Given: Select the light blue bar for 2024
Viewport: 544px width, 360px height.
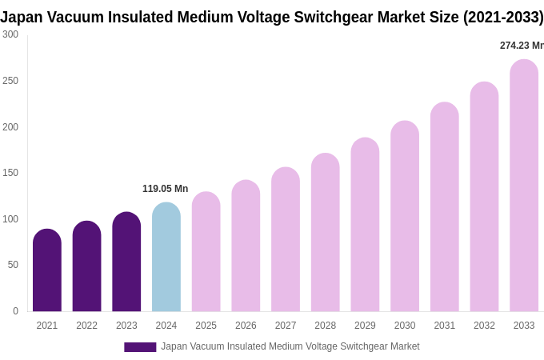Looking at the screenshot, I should [166, 257].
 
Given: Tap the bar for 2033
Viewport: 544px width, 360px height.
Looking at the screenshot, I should [524, 186].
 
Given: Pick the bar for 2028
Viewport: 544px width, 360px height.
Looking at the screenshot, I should [326, 232].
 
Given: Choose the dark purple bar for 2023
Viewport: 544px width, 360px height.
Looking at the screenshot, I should [126, 262].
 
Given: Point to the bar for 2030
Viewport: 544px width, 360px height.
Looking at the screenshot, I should [405, 216].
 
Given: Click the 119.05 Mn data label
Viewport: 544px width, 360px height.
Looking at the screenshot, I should [165, 189].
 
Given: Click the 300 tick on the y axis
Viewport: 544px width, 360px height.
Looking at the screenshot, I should [10, 34].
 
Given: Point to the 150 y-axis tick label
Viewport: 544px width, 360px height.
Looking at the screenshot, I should [10, 173].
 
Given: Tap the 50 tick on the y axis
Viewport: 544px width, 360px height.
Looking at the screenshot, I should [13, 265].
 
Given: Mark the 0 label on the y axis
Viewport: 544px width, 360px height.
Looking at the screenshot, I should [15, 311].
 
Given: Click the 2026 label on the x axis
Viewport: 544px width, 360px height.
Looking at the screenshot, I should [246, 326].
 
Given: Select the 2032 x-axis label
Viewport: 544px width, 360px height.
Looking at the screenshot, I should [484, 326].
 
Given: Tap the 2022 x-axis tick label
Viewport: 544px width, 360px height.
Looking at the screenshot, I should [86, 326].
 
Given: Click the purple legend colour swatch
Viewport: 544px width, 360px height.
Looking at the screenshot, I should [140, 347].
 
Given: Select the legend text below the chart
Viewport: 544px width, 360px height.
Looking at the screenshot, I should [290, 346].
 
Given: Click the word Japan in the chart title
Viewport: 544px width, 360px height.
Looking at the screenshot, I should [22, 17].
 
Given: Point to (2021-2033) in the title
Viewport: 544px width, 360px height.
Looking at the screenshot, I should [503, 17].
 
